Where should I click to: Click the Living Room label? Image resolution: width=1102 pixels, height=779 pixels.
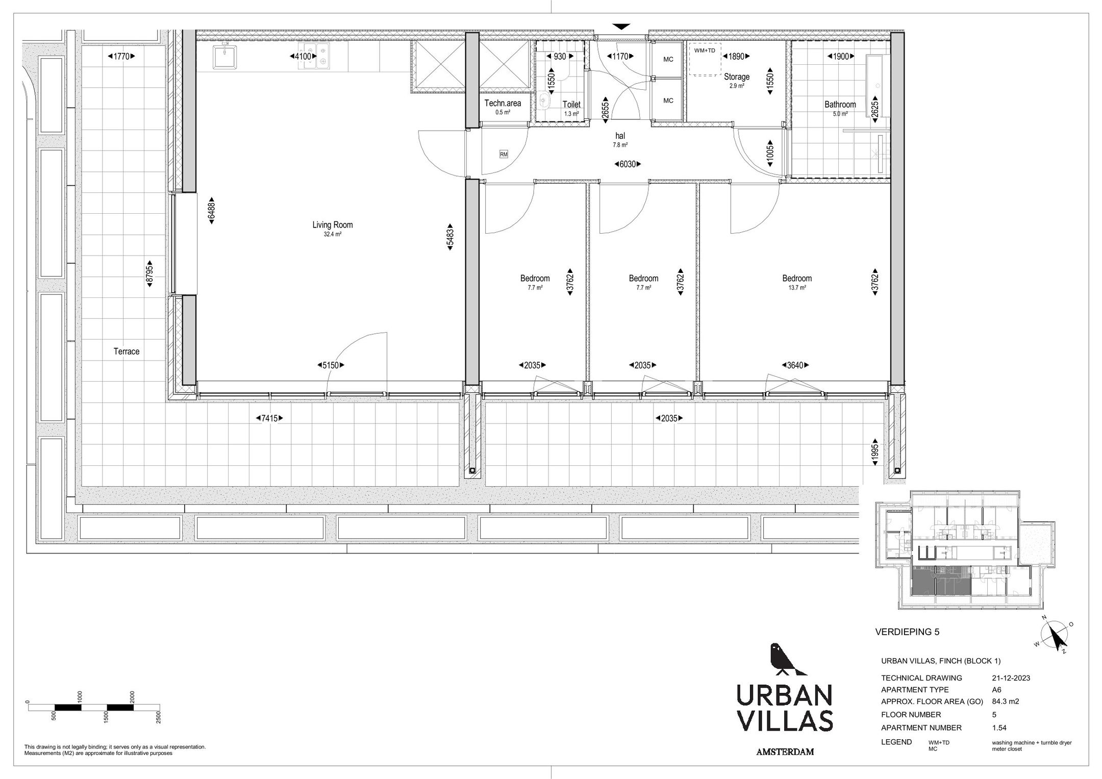[x=332, y=225]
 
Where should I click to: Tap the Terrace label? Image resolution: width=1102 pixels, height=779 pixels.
[x=127, y=351]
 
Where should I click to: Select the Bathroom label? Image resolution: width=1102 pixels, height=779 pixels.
[x=840, y=105]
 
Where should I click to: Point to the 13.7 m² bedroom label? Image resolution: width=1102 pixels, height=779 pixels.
[x=797, y=279]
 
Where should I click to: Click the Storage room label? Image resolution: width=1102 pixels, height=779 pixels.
[x=737, y=77]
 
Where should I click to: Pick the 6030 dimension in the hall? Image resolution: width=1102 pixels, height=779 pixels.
[x=627, y=164]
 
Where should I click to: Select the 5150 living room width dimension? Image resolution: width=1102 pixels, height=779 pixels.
[x=331, y=365]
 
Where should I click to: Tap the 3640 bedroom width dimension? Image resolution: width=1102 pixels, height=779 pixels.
[x=795, y=365]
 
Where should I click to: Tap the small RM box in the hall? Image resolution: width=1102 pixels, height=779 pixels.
[x=504, y=154]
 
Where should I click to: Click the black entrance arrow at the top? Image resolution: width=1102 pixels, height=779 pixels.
[x=621, y=27]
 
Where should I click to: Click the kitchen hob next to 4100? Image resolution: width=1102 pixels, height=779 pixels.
[x=322, y=56]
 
